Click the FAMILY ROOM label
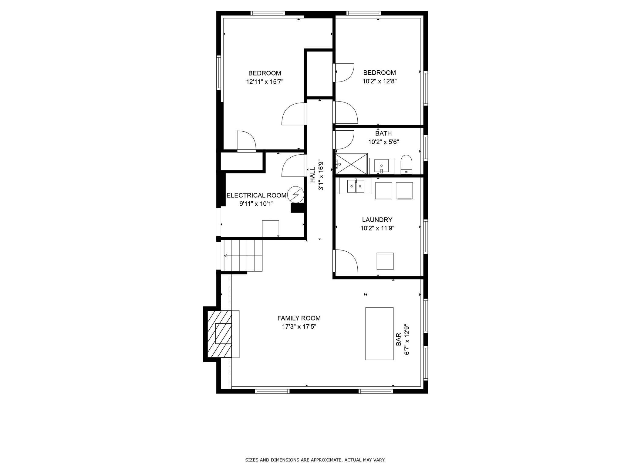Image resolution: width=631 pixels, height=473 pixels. pyautogui.click(x=299, y=318)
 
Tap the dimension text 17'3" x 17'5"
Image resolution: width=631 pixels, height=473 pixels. pyautogui.click(x=299, y=327)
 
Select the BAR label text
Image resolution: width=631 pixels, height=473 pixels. pyautogui.click(x=399, y=339)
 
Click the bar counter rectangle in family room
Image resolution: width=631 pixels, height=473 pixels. pyautogui.click(x=379, y=334)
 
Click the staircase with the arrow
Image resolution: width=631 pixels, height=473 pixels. pyautogui.click(x=243, y=256)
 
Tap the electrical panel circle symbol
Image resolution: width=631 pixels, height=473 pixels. pyautogui.click(x=295, y=194)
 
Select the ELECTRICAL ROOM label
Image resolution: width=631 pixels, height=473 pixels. pyautogui.click(x=256, y=195)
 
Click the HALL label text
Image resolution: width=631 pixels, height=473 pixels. pyautogui.click(x=312, y=176)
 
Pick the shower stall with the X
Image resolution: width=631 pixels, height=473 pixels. pyautogui.click(x=351, y=164)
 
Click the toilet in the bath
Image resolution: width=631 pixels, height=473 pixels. pyautogui.click(x=406, y=164)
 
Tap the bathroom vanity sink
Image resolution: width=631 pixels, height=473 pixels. pyautogui.click(x=382, y=166)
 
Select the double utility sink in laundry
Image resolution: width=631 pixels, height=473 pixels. pyautogui.click(x=355, y=186)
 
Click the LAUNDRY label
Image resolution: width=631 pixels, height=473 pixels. pyautogui.click(x=377, y=220)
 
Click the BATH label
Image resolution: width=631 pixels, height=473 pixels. pyautogui.click(x=383, y=133)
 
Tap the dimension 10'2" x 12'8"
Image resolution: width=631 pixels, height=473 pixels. pyautogui.click(x=380, y=81)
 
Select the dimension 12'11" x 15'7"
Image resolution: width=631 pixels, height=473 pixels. pyautogui.click(x=265, y=82)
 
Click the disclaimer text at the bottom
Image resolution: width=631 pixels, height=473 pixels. pyautogui.click(x=315, y=460)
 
